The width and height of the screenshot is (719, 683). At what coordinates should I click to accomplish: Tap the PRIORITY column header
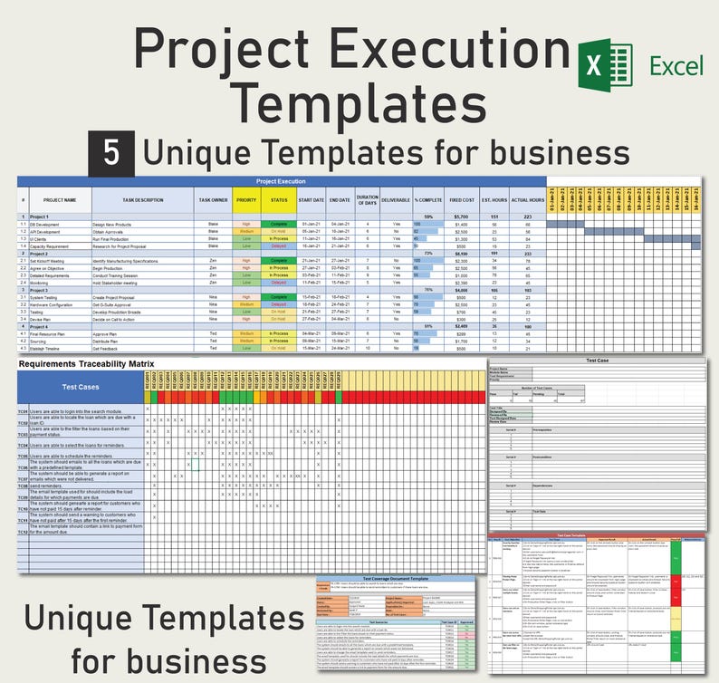246,199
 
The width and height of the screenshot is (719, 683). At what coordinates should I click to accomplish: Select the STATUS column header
279,199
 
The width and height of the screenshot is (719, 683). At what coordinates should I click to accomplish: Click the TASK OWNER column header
213,199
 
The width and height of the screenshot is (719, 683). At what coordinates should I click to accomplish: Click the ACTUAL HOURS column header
528,199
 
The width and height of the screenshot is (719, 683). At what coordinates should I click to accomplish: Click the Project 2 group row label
42,255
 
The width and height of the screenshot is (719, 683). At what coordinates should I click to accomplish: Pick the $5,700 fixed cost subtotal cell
460,217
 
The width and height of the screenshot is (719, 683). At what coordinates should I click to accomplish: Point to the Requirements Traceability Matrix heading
86,363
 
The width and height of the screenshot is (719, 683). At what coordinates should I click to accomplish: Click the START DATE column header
311,199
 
